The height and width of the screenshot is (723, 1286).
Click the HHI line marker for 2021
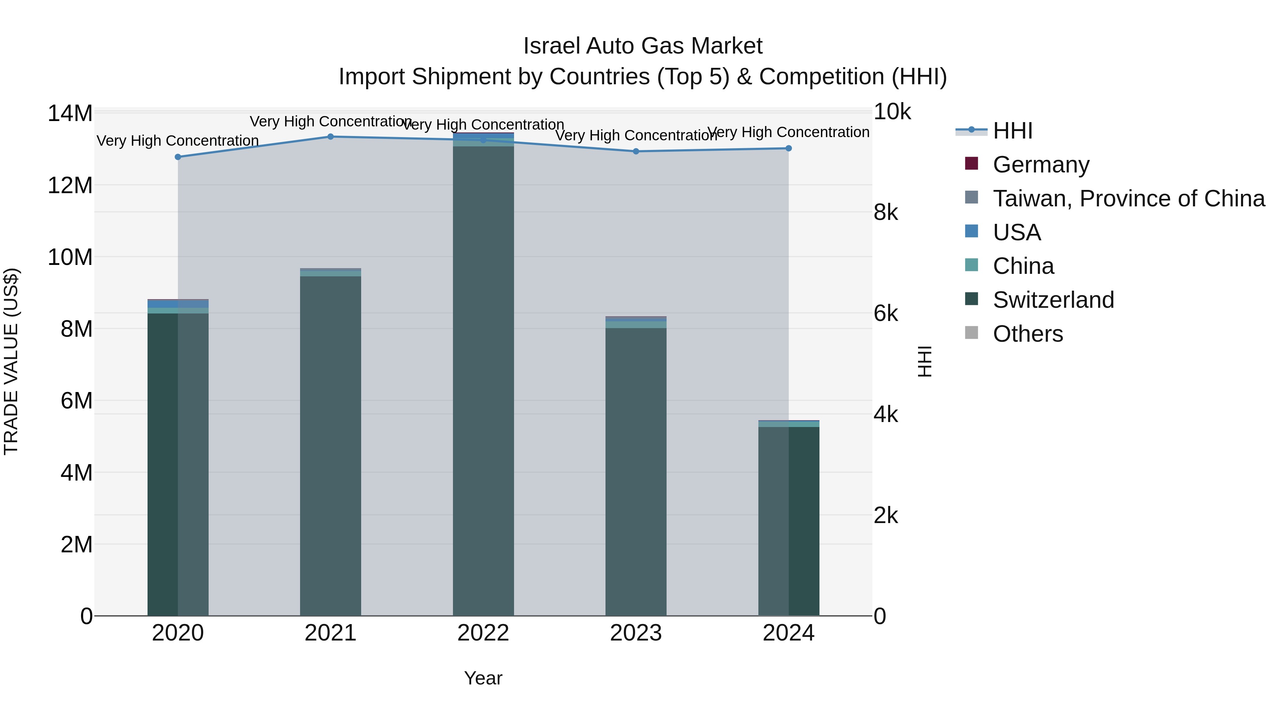click(330, 137)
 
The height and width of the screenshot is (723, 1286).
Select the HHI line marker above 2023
click(636, 151)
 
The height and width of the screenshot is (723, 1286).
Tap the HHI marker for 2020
click(178, 157)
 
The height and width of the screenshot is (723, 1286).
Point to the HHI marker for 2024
click(789, 148)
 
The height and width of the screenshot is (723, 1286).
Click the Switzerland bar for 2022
click(483, 379)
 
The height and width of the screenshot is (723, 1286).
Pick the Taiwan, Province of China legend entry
click(1128, 199)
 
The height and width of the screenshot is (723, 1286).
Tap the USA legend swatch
click(972, 231)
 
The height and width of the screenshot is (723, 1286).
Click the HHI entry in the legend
click(1012, 131)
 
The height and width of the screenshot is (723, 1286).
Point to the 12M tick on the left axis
click(70, 186)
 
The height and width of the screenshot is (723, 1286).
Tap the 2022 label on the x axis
click(483, 633)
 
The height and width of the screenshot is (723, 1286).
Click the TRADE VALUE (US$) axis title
click(11, 362)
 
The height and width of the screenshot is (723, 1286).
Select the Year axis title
click(483, 678)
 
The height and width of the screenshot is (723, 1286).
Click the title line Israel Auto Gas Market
click(643, 46)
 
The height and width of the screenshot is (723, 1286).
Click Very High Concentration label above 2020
click(178, 141)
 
